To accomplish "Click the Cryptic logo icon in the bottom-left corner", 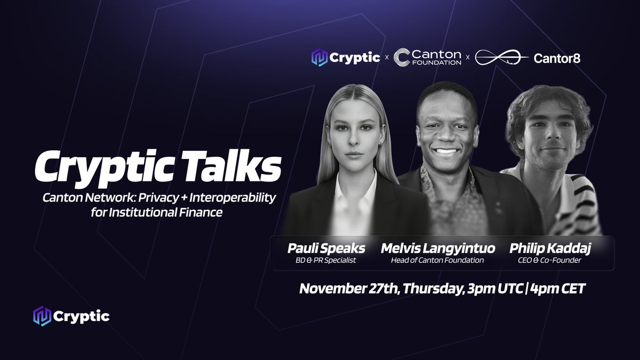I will pyautogui.click(x=42, y=316).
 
